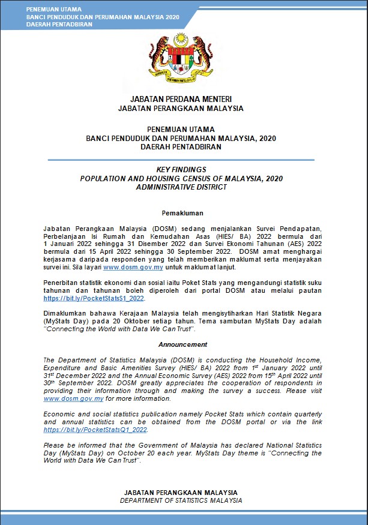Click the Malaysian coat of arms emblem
[x=181, y=59]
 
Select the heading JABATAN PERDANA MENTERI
[x=181, y=99]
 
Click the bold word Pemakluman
[x=182, y=213]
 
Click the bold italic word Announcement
[x=182, y=344]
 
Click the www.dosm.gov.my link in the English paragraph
[x=74, y=398]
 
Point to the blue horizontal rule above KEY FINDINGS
[x=181, y=160]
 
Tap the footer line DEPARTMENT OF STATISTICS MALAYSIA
[x=181, y=500]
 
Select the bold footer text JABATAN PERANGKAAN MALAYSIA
[x=181, y=493]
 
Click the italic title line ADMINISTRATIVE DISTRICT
[x=181, y=187]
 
